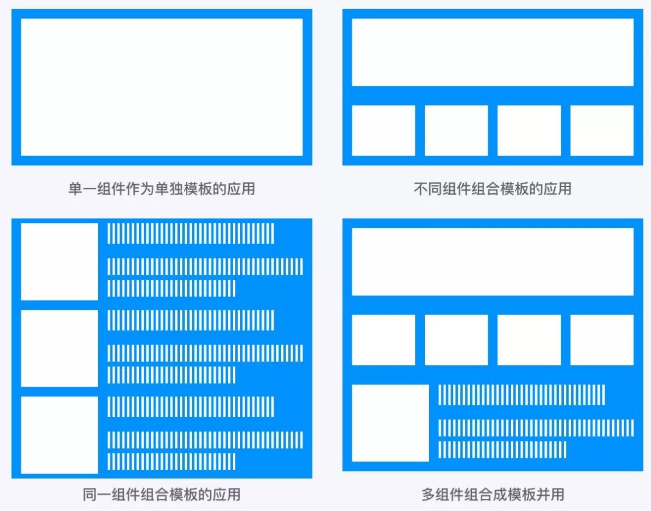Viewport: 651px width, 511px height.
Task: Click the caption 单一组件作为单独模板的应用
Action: tap(162, 189)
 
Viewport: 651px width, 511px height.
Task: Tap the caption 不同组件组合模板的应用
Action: tap(493, 189)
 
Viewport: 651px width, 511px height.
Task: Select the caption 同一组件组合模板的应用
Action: tap(162, 494)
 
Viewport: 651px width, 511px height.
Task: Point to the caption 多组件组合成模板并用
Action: tap(493, 494)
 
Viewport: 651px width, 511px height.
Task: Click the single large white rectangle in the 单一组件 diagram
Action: tap(162, 87)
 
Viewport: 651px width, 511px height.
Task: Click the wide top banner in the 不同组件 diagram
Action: tap(493, 52)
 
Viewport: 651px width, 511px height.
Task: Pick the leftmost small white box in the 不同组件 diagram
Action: tap(383, 130)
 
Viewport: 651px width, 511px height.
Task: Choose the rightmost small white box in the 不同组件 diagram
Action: tap(602, 130)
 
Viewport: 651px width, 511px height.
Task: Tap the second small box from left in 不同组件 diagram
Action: tap(456, 130)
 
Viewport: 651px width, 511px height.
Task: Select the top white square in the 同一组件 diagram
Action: tap(59, 262)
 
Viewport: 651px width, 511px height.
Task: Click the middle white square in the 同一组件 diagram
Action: tap(59, 348)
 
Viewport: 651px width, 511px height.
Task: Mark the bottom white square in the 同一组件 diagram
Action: tap(59, 435)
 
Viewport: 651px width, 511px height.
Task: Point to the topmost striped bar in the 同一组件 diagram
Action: tap(191, 234)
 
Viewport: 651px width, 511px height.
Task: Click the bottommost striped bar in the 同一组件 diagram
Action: tap(171, 462)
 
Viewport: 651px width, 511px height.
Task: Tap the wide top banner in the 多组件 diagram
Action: tap(493, 262)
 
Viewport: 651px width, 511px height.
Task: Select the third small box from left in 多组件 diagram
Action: tap(529, 340)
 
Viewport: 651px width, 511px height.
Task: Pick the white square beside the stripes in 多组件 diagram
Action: tap(390, 423)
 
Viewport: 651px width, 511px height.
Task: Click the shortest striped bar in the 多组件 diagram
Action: tap(502, 449)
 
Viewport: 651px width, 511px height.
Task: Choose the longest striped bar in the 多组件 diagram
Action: tap(536, 427)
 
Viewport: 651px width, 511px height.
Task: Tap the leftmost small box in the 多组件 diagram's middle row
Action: tap(383, 340)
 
